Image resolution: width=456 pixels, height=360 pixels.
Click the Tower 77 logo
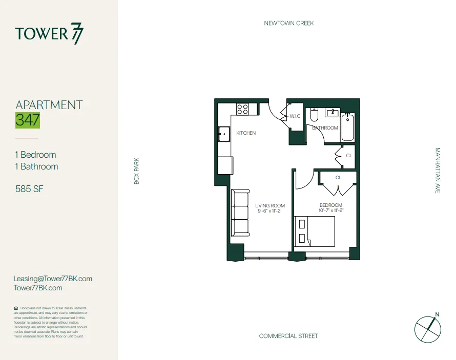[x=49, y=34]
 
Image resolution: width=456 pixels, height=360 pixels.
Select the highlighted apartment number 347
[x=28, y=120]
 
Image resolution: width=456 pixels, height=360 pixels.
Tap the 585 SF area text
[x=29, y=189]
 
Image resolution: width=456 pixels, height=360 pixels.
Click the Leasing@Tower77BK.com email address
[x=53, y=279]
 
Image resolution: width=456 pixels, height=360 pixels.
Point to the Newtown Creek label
[x=288, y=23]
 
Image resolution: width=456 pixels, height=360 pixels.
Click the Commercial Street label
[x=288, y=336]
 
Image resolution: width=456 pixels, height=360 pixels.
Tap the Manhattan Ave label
[x=438, y=171]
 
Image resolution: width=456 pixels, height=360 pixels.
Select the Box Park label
[x=137, y=171]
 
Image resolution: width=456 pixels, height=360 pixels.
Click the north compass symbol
[x=428, y=328]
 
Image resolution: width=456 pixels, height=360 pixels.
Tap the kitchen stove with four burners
[x=242, y=109]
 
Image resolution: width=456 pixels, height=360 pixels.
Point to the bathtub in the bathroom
[x=348, y=127]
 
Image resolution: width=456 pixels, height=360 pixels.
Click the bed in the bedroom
[x=315, y=231]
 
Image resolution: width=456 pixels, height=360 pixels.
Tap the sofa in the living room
[x=239, y=213]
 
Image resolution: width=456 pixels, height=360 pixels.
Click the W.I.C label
[x=295, y=116]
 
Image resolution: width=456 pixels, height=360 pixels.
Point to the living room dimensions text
[x=270, y=210]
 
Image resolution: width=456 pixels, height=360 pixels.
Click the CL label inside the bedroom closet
[x=338, y=178]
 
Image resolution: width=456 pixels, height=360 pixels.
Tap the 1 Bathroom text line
[x=36, y=166]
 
